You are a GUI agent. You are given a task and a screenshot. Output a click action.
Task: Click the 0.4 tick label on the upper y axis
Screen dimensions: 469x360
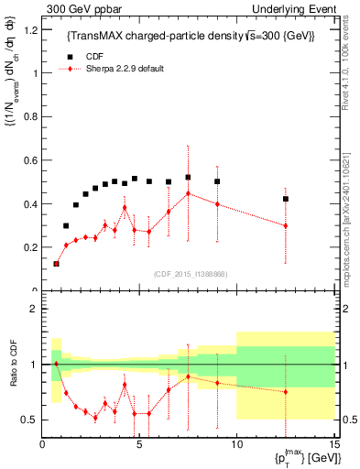click(x=30, y=203)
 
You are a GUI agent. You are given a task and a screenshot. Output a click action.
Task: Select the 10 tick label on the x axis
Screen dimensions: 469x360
click(x=236, y=445)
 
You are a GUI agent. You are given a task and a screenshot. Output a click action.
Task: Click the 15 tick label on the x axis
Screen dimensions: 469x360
click(x=333, y=445)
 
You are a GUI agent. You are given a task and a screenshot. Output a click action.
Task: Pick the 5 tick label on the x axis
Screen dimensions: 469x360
click(x=139, y=445)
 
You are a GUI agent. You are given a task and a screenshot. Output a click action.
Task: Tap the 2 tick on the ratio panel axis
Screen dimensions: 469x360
click(x=35, y=309)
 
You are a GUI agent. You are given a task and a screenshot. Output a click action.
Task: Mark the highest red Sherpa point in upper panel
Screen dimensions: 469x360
click(x=188, y=193)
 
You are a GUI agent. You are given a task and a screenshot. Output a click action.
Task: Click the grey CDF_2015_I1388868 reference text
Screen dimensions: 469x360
click(x=189, y=273)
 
